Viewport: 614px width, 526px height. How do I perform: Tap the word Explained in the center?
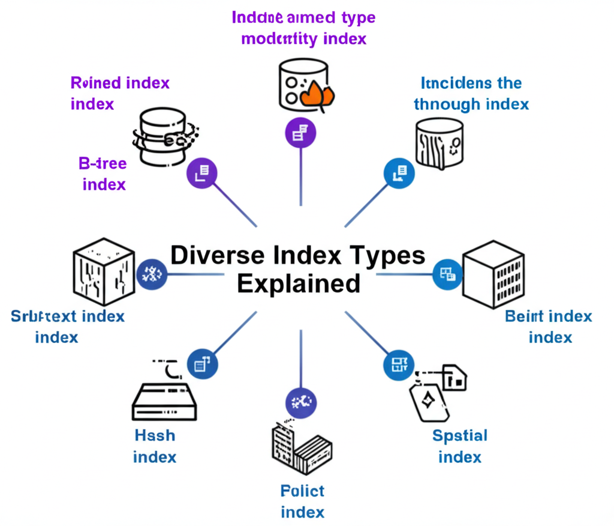[x=299, y=283]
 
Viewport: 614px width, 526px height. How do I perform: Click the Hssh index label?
[x=155, y=446]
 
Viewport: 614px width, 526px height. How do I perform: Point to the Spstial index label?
[x=460, y=446]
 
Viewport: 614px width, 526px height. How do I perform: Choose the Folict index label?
[x=302, y=501]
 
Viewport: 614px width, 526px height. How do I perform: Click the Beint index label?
[x=549, y=326]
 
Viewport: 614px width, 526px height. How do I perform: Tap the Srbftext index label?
[x=67, y=326]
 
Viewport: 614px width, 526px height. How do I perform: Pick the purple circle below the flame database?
[x=300, y=133]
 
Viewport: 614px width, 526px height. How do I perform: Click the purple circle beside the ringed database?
[x=201, y=172]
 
